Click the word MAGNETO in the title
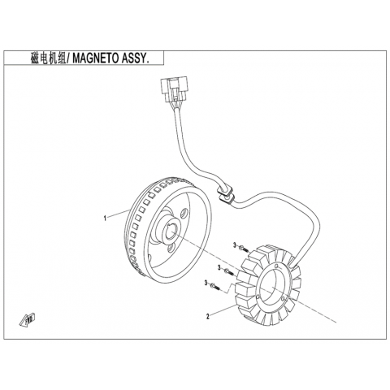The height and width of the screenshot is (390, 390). tap(94, 58)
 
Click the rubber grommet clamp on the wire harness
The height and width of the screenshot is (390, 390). tap(225, 193)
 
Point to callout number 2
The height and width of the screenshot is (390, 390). tap(208, 316)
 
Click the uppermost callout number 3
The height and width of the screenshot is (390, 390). tap(235, 245)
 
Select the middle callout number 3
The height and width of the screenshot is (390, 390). tap(219, 268)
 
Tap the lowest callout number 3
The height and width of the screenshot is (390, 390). tap(206, 284)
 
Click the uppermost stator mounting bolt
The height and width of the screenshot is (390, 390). tap(244, 248)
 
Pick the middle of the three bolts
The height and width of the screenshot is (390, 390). tap(228, 271)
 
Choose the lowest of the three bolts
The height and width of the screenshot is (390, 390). tap(215, 286)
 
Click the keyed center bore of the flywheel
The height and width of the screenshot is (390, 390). tap(170, 231)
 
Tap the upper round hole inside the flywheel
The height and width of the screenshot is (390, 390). tap(184, 213)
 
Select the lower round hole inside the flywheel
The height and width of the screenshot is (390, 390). tap(171, 248)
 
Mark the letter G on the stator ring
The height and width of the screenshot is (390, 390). tap(276, 266)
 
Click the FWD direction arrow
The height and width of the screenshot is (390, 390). tap(28, 319)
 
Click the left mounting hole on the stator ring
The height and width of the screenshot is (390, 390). tap(257, 297)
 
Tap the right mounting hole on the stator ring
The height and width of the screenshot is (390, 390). tap(283, 298)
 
